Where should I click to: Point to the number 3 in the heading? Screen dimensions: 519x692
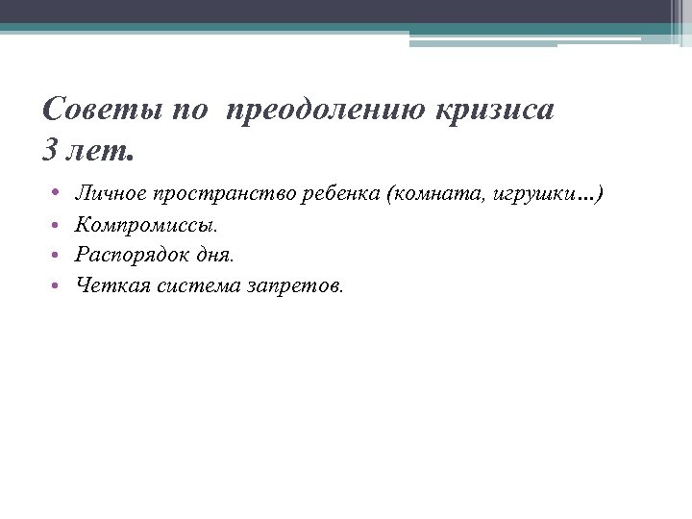pos(50,151)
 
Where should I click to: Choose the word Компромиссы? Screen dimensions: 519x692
pos(146,226)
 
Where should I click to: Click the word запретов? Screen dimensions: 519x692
pos(297,285)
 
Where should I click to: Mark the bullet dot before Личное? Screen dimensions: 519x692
pos(57,195)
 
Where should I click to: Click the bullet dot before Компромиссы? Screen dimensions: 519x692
pos(57,226)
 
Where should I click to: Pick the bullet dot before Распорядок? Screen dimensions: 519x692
pos(57,256)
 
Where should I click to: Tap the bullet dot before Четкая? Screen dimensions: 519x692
pos(57,284)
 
